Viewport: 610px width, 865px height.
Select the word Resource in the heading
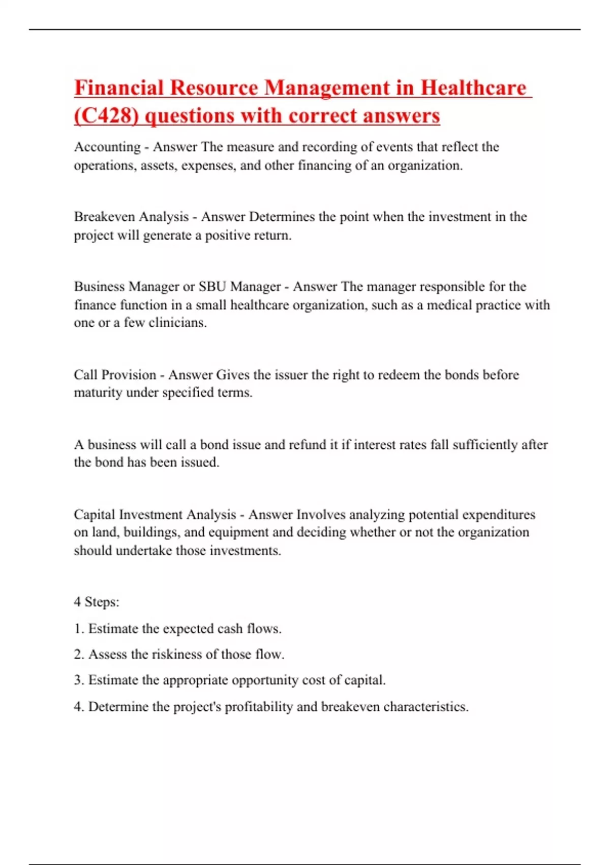coord(214,88)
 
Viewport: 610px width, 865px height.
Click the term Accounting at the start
coord(107,147)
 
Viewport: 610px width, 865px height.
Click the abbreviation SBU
coord(212,286)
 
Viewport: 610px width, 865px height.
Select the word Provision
coord(129,375)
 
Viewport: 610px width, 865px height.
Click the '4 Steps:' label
coord(97,602)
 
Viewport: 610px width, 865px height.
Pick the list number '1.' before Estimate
coord(79,629)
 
